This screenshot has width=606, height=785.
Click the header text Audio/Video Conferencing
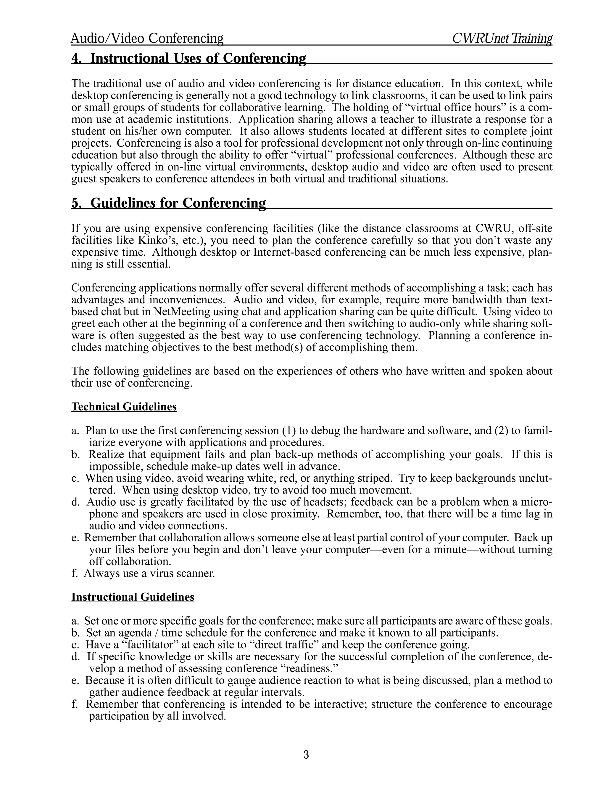(x=147, y=38)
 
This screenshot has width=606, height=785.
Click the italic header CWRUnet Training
(x=502, y=38)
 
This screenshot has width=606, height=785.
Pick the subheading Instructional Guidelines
(x=133, y=597)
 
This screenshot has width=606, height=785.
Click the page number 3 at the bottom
(x=306, y=755)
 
